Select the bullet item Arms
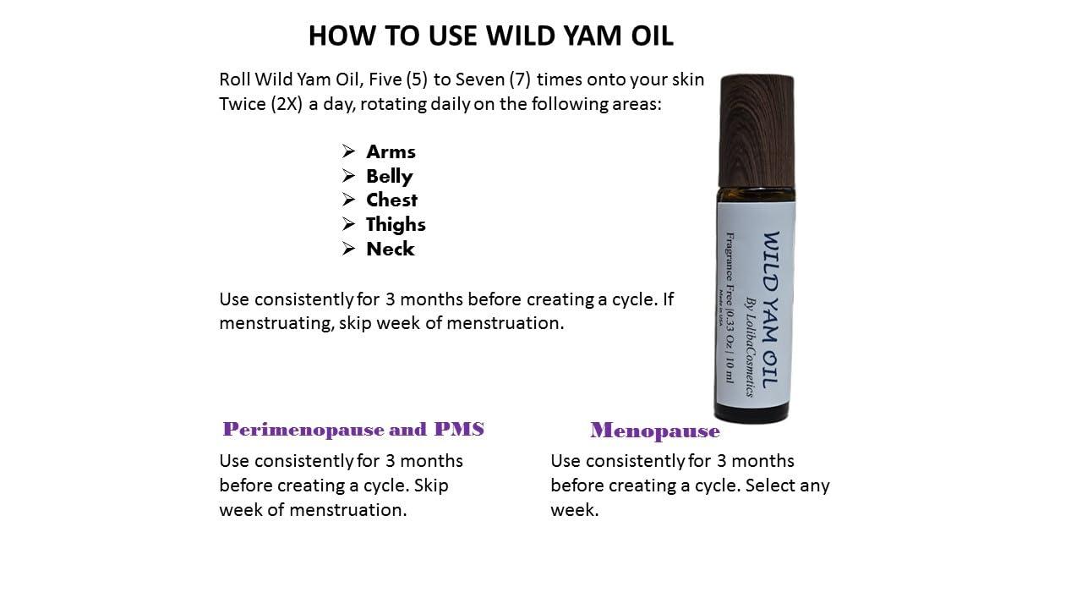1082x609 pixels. tap(391, 152)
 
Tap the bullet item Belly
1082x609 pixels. tap(389, 177)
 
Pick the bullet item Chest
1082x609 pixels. tap(391, 200)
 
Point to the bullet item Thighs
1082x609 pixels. tap(396, 225)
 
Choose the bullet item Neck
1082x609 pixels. tap(390, 250)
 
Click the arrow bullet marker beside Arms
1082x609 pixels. tap(348, 152)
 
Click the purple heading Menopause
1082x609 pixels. tap(655, 431)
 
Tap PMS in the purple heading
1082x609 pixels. tap(459, 430)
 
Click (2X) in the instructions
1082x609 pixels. tap(287, 105)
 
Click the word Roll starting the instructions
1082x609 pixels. tap(236, 80)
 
